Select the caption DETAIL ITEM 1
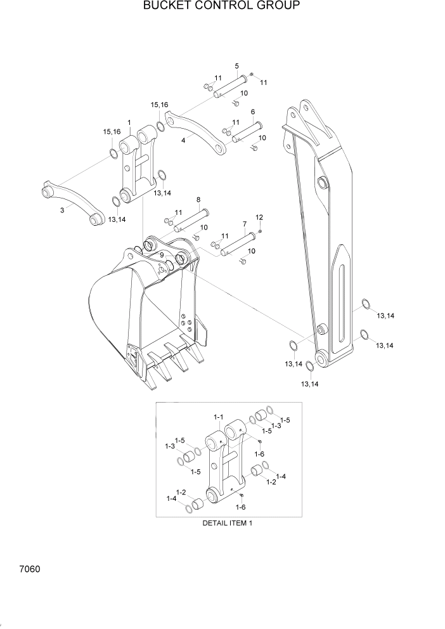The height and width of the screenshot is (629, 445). (x=227, y=523)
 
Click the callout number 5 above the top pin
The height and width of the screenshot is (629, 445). (x=236, y=66)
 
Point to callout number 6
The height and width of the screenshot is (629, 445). (x=253, y=112)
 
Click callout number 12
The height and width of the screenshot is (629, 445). (x=259, y=217)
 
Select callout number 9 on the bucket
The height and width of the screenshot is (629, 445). (x=162, y=255)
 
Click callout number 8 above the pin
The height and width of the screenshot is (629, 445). (x=198, y=199)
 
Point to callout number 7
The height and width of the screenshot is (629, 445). (x=244, y=224)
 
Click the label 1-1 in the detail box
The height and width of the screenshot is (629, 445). (x=218, y=417)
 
